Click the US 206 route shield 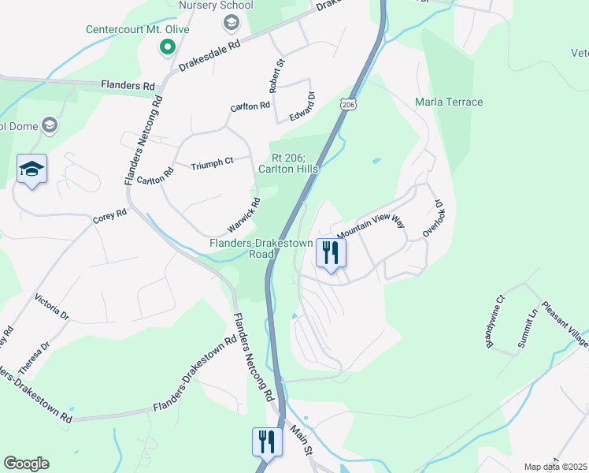(x=349, y=103)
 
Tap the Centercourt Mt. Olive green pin (x=167, y=47)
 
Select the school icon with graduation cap (x=32, y=169)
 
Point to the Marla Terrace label (x=449, y=102)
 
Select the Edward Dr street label (x=302, y=106)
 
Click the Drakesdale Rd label (x=209, y=55)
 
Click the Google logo (x=26, y=464)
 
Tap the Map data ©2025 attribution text (x=556, y=467)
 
